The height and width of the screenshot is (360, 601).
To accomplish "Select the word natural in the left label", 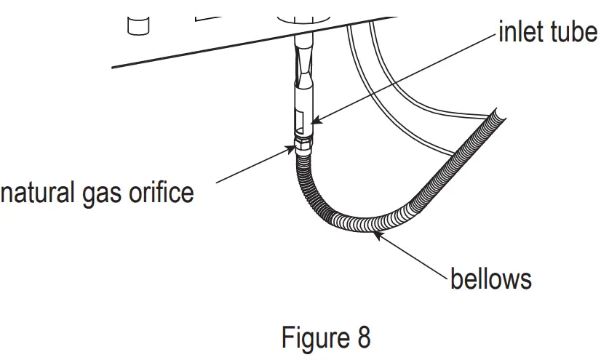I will click(x=37, y=193).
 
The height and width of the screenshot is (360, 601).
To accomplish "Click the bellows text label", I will click(x=491, y=279).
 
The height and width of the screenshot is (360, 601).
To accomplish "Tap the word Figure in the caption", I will click(x=314, y=337).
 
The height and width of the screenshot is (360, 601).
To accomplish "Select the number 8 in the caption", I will click(x=362, y=337).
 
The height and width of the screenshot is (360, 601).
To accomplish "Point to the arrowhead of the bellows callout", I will click(x=377, y=232).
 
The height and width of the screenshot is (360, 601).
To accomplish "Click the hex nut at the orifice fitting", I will click(x=301, y=143).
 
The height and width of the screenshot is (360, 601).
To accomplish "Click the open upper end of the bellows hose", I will click(x=496, y=116).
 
